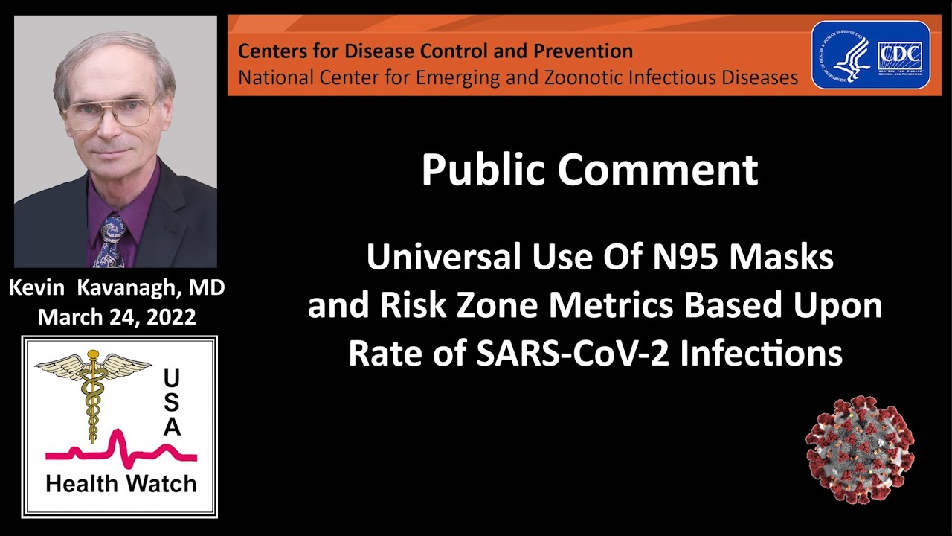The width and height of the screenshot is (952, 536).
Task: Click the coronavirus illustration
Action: pyautogui.click(x=860, y=450)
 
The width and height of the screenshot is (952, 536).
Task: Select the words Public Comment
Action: pyautogui.click(x=589, y=170)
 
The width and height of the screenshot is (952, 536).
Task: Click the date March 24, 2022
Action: pyautogui.click(x=117, y=317)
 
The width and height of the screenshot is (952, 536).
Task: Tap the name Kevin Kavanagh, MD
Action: pyautogui.click(x=117, y=288)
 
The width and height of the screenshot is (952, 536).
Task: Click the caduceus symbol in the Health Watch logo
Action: pyautogui.click(x=93, y=395)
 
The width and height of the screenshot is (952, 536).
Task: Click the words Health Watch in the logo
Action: pyautogui.click(x=120, y=484)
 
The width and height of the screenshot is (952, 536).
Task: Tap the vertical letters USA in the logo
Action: pyautogui.click(x=172, y=403)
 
